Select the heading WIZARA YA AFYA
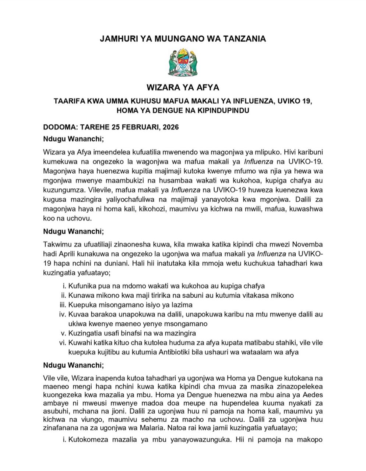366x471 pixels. (183, 88)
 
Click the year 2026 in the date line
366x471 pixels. (170, 127)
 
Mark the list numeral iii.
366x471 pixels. (62, 305)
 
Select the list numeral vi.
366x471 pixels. (62, 343)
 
